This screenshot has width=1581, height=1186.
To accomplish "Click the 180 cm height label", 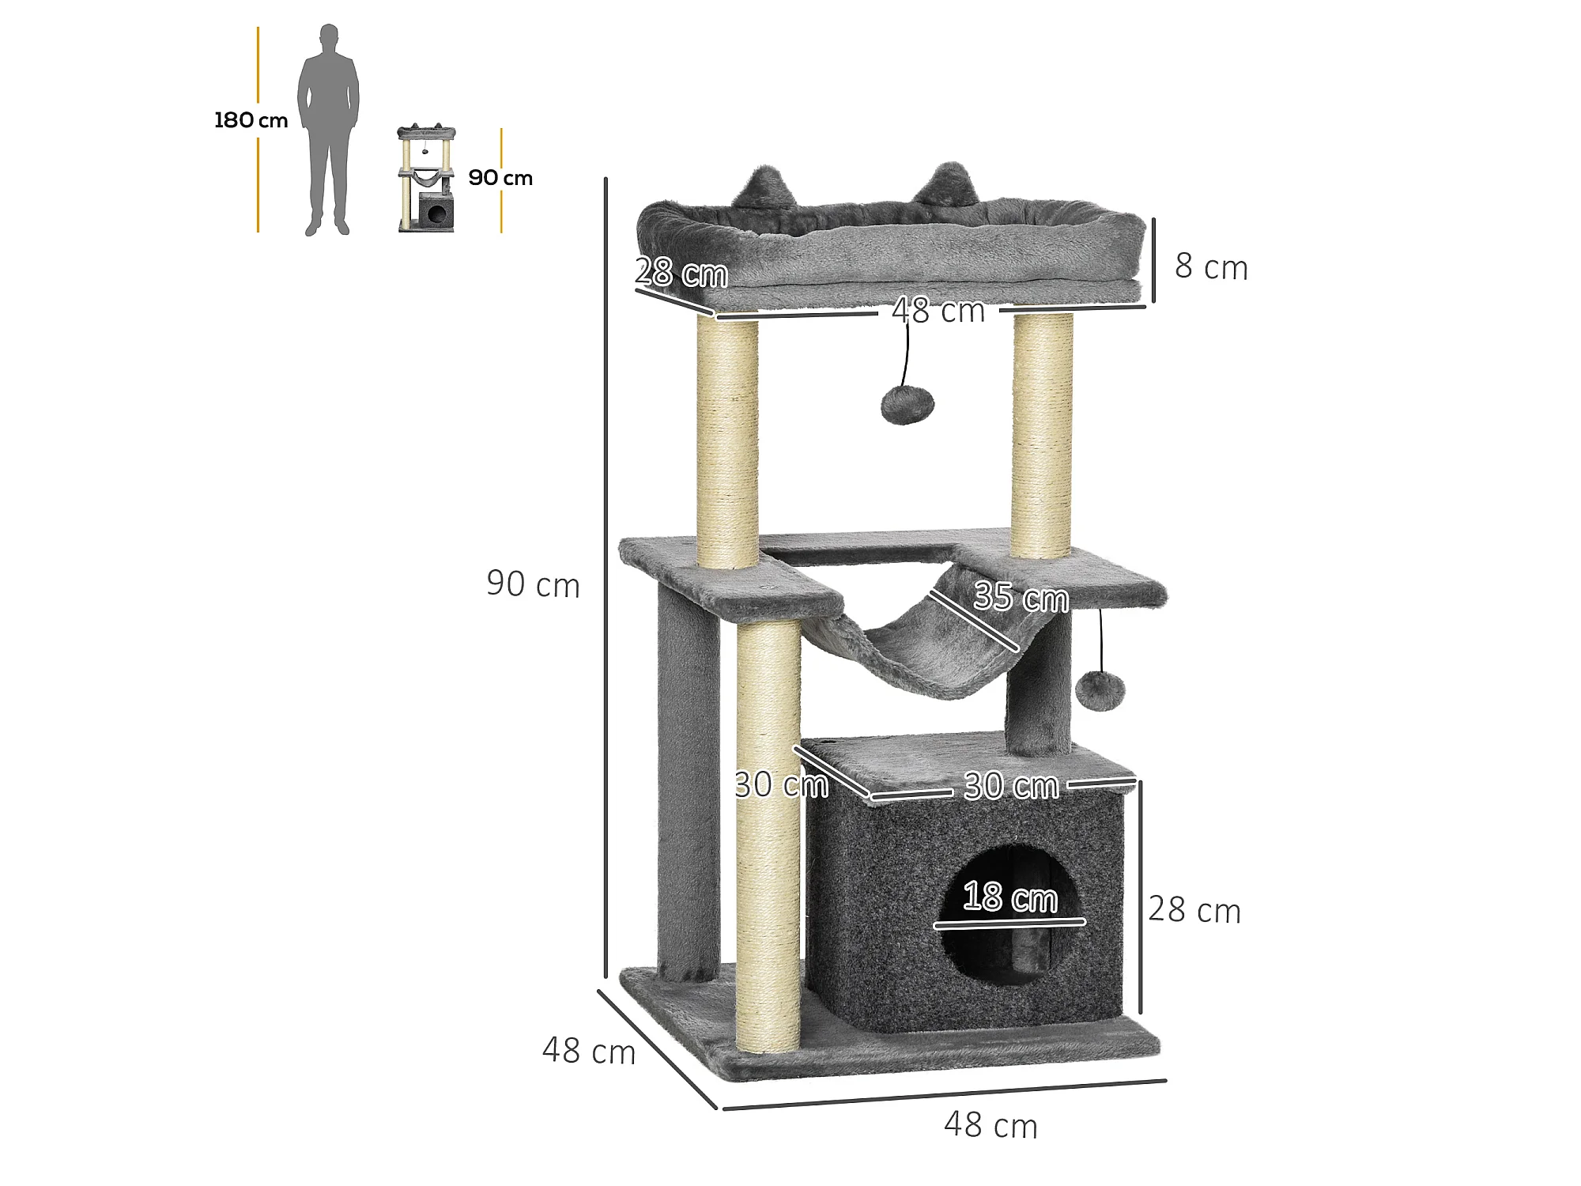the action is pos(251,120).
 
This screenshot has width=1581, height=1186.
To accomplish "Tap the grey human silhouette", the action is pos(328,130).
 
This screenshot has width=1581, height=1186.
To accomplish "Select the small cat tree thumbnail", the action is pos(426,178).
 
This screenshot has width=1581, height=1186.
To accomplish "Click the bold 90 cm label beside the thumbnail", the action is pos(500,178).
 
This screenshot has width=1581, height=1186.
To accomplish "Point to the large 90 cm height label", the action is pos(533,584).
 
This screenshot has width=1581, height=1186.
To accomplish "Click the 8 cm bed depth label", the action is pos(1211,266).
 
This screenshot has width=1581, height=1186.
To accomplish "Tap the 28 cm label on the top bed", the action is pos(681,273).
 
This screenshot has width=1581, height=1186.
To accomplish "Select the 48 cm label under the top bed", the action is pos(938,311).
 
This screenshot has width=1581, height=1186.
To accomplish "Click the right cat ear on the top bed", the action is pos(946,183).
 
